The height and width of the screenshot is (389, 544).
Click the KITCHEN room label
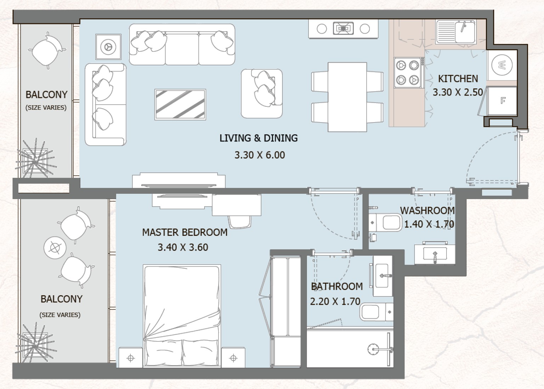[x=458, y=79]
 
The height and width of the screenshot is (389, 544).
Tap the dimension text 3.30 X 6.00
[x=260, y=155]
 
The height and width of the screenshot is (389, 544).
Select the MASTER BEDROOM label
[x=185, y=232]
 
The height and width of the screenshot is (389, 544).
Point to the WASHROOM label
[x=427, y=210]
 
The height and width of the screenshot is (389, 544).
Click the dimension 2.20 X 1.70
[x=335, y=301]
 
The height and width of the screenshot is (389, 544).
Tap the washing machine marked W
[x=502, y=65]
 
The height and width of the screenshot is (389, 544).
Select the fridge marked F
[x=503, y=101]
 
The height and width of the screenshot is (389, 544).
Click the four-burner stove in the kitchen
[x=407, y=73]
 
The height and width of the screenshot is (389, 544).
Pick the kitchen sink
[x=456, y=31]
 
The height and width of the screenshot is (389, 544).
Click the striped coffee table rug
[x=180, y=104]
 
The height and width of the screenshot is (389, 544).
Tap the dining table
[x=347, y=97]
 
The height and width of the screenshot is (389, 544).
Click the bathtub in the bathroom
[x=350, y=349]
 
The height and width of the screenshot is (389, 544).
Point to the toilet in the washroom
[x=385, y=223]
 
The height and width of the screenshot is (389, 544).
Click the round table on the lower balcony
[x=55, y=248]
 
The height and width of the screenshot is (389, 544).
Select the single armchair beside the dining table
[x=262, y=93]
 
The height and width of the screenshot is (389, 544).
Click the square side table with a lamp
[x=108, y=47]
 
